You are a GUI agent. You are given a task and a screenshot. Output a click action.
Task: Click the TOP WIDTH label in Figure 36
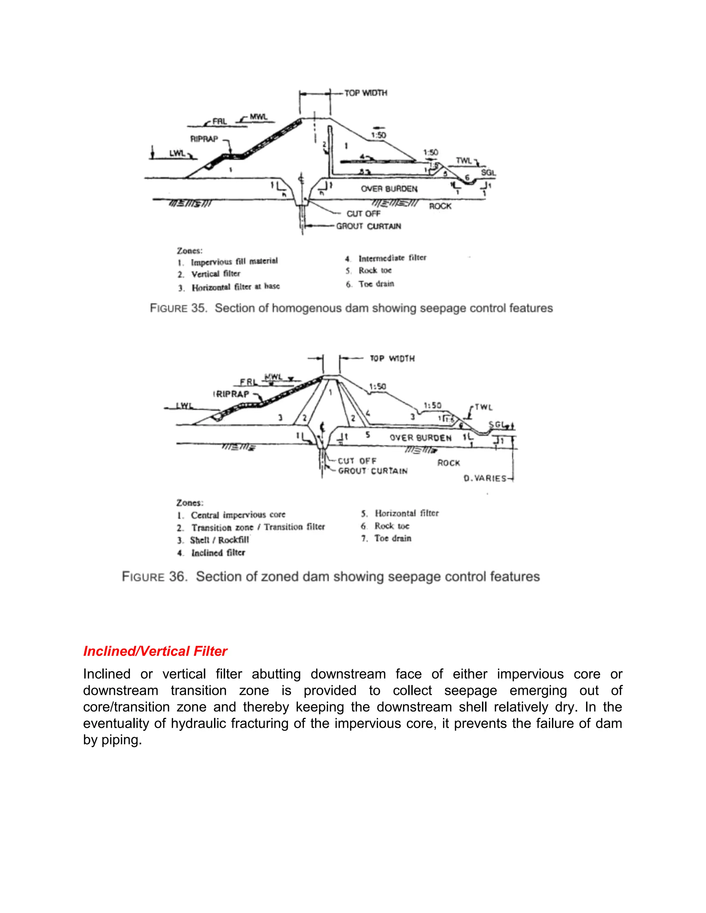pos(392,359)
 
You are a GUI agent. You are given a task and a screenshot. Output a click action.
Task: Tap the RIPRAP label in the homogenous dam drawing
pos(204,139)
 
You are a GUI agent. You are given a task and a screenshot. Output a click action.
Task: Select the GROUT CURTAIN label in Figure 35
pos(369,226)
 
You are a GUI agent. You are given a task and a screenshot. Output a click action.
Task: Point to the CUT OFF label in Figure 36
pos(357,461)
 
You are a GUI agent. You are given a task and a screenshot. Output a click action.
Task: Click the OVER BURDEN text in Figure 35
pos(389,189)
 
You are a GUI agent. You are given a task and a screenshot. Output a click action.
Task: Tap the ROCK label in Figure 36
pos(448,463)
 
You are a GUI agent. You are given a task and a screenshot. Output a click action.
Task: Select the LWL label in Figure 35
pos(177,153)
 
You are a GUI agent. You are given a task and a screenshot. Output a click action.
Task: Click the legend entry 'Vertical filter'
pos(215,274)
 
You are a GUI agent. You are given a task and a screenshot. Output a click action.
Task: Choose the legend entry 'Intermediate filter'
pos(392,258)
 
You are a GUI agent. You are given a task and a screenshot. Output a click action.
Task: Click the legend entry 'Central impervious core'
pos(238,515)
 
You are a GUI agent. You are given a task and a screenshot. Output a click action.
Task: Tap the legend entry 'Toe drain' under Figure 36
pos(392,538)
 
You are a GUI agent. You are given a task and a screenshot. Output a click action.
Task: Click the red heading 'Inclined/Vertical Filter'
pos(155,651)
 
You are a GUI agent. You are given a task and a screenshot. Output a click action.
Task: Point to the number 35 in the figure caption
pos(198,308)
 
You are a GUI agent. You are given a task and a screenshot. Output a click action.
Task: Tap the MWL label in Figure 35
pos(258,117)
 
